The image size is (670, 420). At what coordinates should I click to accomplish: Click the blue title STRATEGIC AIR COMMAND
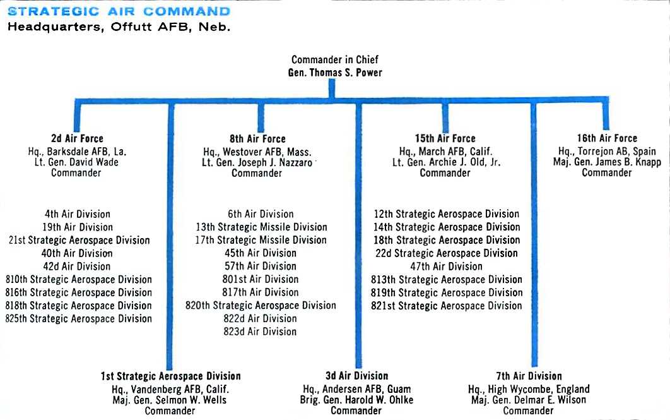119,11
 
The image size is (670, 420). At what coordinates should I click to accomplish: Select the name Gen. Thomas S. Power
335,73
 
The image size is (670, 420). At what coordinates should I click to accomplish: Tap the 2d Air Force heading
78,138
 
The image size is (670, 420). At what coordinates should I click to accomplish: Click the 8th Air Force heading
257,139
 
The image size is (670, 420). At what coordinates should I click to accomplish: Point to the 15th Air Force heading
445,138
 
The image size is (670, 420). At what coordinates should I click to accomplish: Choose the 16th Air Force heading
607,138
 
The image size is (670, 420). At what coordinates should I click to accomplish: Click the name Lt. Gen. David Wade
76,162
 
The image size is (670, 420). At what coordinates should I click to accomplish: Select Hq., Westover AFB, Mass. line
257,152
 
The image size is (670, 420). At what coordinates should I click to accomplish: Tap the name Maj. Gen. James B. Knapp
607,162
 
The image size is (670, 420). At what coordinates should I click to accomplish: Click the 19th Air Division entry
78,227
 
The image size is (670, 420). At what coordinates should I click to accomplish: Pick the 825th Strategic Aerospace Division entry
79,319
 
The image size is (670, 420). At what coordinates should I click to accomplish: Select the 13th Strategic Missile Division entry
262,227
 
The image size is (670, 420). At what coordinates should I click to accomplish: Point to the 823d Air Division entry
260,332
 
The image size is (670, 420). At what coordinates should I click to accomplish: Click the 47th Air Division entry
446,267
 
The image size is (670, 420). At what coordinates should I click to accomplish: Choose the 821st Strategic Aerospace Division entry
447,306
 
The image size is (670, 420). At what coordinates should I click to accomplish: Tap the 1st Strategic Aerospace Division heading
171,376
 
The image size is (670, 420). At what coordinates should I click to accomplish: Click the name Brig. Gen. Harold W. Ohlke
357,400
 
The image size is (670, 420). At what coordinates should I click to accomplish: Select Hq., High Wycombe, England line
529,389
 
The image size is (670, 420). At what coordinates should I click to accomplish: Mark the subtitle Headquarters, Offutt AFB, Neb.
119,27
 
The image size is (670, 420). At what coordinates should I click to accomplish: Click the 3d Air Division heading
357,376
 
